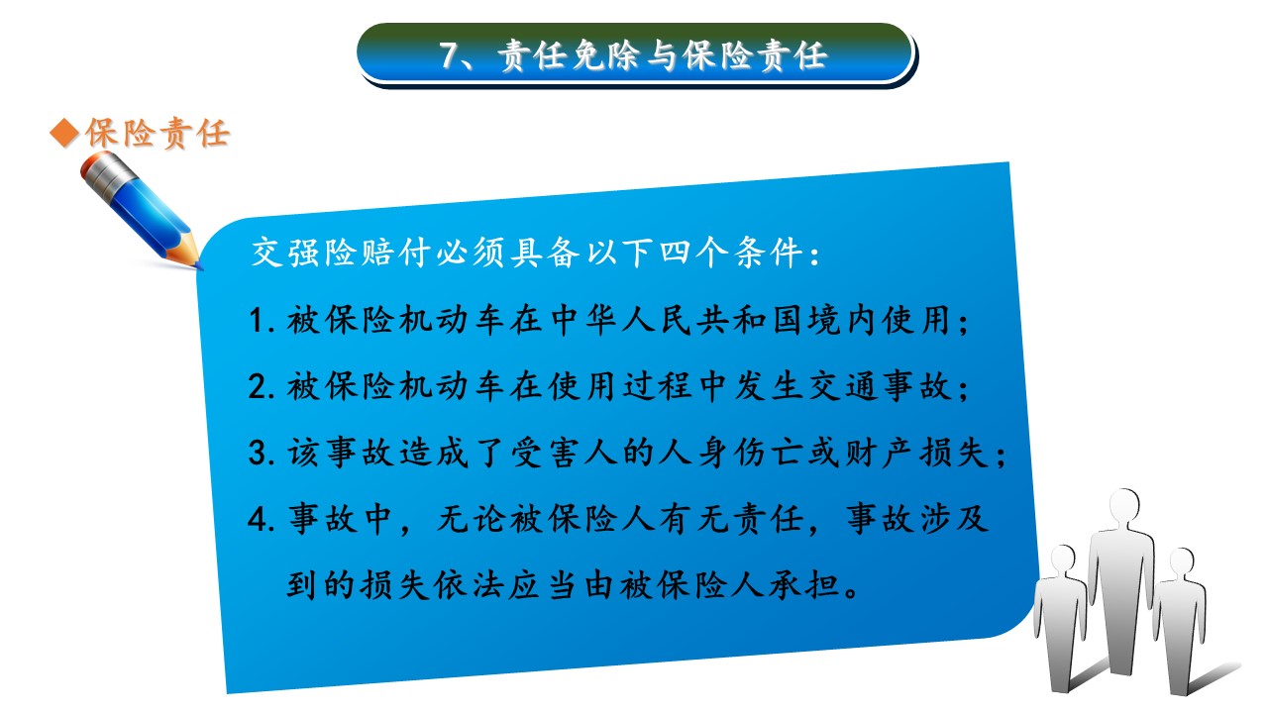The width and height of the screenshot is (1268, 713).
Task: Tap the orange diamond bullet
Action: coord(63,134)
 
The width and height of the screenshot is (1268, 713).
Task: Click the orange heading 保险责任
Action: coord(158,134)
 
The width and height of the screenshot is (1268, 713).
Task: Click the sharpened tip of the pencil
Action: coord(198,264)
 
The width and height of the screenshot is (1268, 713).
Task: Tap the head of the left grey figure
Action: coord(1062,560)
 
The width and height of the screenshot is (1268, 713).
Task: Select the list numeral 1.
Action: coord(258,320)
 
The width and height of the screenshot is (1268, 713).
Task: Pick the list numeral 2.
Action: coord(258,386)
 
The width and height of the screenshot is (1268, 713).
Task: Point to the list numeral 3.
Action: coord(258,453)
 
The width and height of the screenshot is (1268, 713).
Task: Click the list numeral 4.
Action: coord(258,519)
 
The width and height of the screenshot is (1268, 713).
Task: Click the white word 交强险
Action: coord(305,253)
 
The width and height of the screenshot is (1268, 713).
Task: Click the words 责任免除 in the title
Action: coord(571,55)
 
